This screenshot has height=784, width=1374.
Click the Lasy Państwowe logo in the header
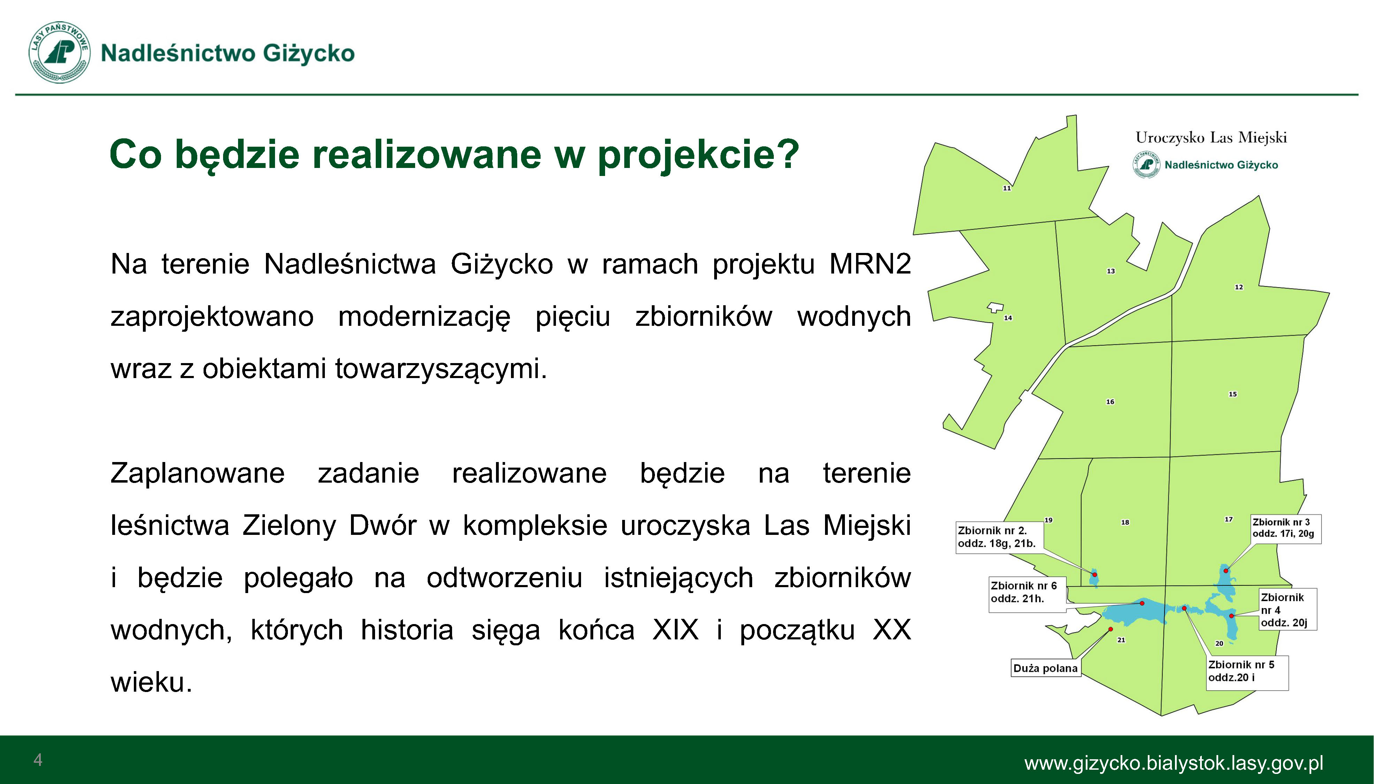[59, 53]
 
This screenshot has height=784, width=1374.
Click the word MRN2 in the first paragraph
[870, 264]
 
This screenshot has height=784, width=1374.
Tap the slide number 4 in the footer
[38, 760]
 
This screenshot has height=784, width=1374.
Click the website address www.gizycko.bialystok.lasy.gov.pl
[1174, 763]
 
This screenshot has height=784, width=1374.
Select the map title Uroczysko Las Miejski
[1211, 138]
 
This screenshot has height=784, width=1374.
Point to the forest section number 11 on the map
[1007, 189]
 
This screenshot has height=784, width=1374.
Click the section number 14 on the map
[1008, 318]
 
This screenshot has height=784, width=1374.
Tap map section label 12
[1239, 287]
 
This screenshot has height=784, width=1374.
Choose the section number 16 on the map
[1110, 402]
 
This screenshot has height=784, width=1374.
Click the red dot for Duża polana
[1110, 629]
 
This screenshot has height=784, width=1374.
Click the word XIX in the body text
[675, 629]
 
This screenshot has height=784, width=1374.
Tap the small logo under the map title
[1146, 165]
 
